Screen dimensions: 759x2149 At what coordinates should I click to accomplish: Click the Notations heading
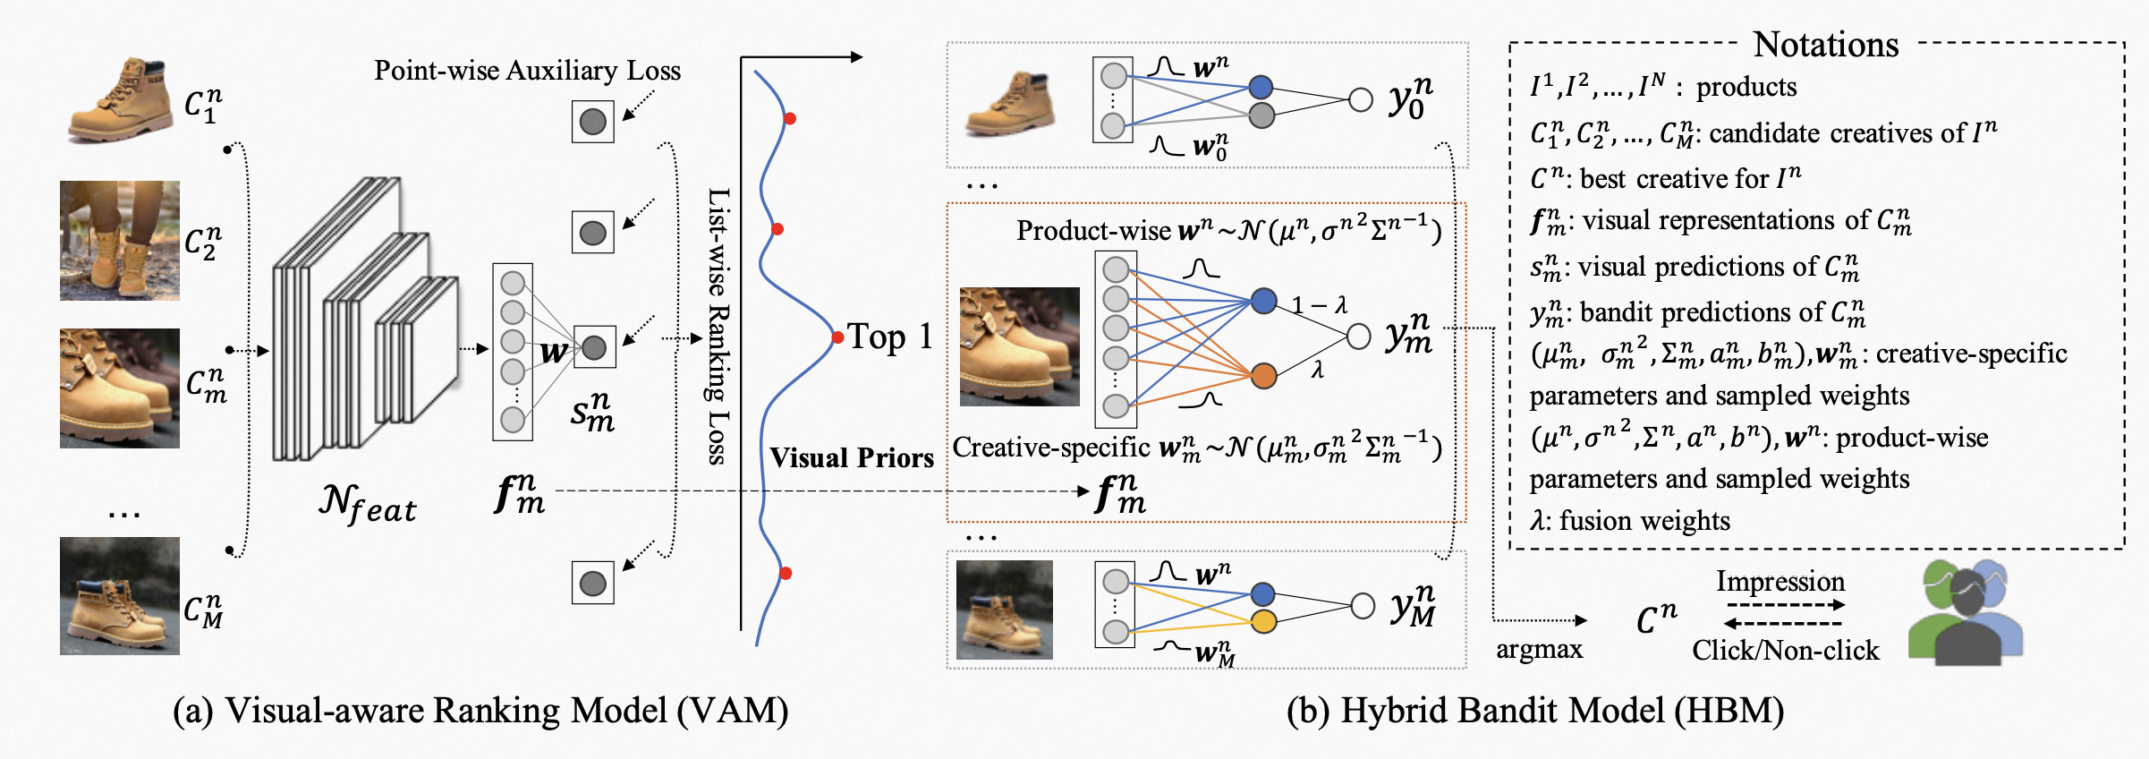point(1825,45)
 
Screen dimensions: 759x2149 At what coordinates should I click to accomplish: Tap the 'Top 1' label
point(890,337)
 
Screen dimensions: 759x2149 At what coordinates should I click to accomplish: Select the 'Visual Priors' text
point(851,457)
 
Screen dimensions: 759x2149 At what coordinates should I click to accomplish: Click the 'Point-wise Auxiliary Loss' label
point(527,71)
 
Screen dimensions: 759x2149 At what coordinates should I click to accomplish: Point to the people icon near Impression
point(1965,612)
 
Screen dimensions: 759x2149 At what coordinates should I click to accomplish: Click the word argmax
point(1539,649)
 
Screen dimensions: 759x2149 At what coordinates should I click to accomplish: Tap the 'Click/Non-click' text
point(1785,650)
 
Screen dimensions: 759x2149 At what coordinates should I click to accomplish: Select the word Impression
point(1780,582)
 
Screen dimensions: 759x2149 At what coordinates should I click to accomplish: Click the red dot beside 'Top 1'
point(837,337)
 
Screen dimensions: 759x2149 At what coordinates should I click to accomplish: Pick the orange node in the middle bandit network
point(1263,376)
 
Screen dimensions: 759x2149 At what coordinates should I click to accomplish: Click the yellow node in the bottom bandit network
point(1263,621)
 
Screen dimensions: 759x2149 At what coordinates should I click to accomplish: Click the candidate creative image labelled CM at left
point(119,596)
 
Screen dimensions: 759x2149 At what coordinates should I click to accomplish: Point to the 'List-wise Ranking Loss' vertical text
point(718,327)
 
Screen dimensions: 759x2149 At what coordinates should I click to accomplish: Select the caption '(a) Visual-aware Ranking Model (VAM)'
point(480,711)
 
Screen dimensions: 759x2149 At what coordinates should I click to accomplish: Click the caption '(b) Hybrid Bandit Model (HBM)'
point(1534,711)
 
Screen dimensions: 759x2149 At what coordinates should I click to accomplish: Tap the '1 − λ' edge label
point(1320,305)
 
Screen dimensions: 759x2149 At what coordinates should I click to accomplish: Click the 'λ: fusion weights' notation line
point(1629,521)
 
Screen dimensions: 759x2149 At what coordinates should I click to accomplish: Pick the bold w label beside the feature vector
point(554,352)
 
